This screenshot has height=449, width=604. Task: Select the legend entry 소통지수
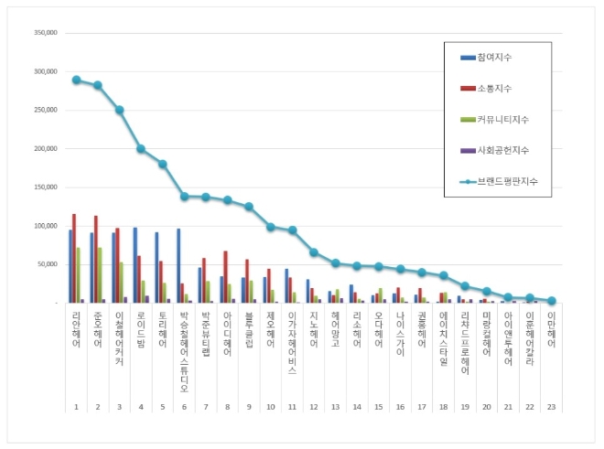point(494,88)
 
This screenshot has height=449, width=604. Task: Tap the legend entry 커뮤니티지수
point(502,119)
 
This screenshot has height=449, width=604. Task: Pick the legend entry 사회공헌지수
point(502,150)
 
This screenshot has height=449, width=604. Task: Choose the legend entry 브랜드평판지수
point(506,181)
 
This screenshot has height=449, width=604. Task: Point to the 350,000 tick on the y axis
point(45,33)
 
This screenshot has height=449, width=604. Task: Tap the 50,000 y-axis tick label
point(47,264)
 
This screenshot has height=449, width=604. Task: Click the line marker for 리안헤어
point(76,80)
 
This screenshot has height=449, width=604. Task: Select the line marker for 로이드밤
point(141,148)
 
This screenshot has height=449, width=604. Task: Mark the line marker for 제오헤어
point(271,227)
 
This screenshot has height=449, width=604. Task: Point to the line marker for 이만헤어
point(552,300)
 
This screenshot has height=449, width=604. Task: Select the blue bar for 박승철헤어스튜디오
point(178,265)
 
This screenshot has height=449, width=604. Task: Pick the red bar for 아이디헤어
point(225,276)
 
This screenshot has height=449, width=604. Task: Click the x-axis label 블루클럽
point(249,330)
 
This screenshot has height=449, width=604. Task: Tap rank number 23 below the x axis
point(552,406)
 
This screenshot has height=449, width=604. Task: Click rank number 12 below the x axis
point(314,406)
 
